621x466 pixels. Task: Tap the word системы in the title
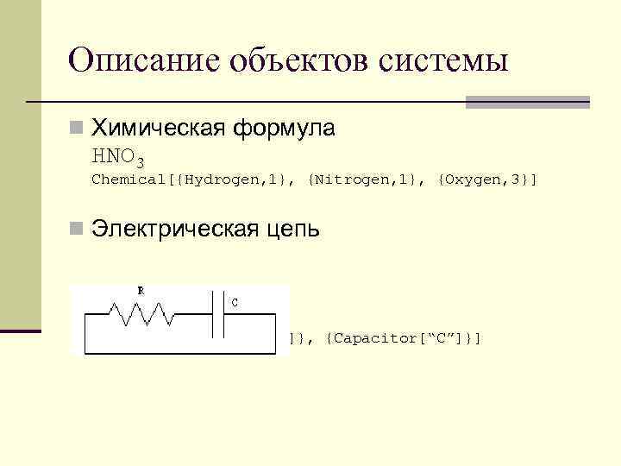coord(442,60)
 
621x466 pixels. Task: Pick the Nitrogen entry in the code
coord(349,180)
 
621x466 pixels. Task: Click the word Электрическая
coord(170,230)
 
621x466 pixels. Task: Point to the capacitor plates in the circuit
coord(219,314)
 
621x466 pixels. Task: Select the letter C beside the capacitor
coord(235,302)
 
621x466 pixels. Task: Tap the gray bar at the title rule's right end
coord(527,102)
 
